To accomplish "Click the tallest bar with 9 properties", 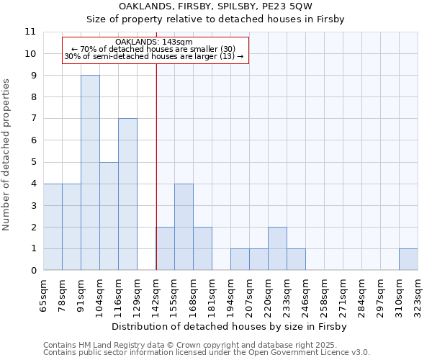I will click(x=90, y=173).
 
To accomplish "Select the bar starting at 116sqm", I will click(x=127, y=194).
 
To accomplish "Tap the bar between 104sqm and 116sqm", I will click(x=109, y=216).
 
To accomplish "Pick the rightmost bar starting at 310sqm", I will click(x=408, y=259).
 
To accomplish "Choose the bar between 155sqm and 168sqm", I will click(x=184, y=227).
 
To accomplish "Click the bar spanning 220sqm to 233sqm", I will click(x=277, y=248).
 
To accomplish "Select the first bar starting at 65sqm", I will click(x=53, y=227).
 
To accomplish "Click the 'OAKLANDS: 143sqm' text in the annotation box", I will click(x=154, y=42).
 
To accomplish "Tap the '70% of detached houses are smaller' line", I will click(x=154, y=49).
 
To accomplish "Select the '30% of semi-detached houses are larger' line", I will click(x=154, y=56).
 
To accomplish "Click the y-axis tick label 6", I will click(x=33, y=140).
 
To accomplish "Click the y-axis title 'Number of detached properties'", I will click(x=7, y=155).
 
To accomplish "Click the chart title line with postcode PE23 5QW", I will click(x=216, y=6).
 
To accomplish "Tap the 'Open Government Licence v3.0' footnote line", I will click(x=207, y=353).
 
